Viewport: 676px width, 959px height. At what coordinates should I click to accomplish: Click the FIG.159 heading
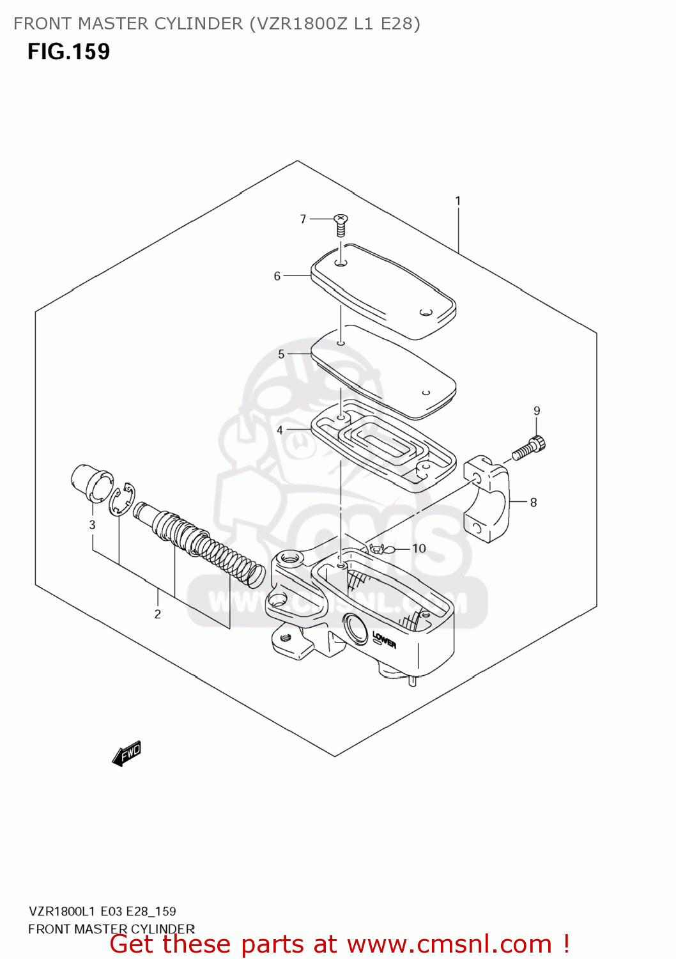[68, 52]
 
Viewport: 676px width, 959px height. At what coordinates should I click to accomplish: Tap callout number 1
[457, 201]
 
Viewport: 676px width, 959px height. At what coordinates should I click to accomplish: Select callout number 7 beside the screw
[303, 219]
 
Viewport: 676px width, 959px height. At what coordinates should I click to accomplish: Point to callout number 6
[277, 276]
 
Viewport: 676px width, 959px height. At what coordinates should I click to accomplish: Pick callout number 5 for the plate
[281, 354]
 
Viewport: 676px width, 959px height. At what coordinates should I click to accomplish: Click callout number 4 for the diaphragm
[279, 430]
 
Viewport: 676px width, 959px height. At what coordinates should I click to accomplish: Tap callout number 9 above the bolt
[537, 411]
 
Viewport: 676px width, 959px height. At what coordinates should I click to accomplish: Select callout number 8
[534, 503]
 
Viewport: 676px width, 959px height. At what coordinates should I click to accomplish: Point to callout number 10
[419, 549]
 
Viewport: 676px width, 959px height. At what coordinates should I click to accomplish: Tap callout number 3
[92, 525]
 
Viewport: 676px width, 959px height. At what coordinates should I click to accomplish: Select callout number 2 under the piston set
[157, 614]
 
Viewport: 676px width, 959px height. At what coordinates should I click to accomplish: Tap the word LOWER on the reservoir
[384, 639]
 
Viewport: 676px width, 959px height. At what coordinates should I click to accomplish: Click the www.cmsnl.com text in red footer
[449, 944]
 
